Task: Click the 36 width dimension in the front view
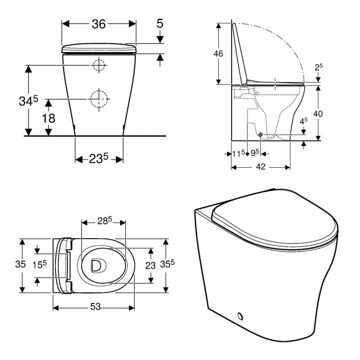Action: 99,24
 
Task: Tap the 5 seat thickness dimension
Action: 160,24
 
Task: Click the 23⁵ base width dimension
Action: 99,158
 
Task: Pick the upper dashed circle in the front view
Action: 99,65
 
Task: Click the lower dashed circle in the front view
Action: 99,97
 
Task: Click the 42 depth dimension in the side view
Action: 260,166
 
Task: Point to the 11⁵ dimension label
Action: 239,152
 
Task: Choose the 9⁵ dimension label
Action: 256,152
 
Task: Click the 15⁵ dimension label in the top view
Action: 38,265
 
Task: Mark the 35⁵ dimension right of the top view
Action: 179,265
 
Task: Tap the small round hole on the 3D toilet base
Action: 240,316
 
